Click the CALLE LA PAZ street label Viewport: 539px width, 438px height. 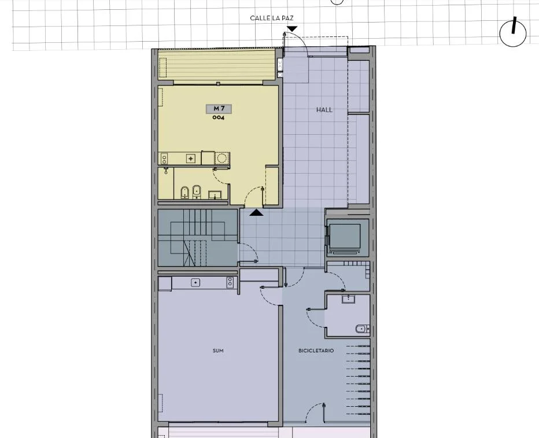coord(272,18)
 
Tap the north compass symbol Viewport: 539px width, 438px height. coord(513,32)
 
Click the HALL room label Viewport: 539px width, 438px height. coord(324,110)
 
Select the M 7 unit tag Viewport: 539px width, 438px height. coord(219,109)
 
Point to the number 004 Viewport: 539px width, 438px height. coord(218,117)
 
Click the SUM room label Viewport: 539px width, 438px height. coord(218,351)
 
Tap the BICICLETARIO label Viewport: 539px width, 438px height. coord(316,351)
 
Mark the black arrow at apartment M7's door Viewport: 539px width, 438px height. coord(256,213)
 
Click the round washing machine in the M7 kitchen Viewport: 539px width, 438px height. coord(221,159)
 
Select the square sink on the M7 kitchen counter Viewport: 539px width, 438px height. coord(190,159)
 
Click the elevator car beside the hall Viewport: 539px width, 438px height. coord(345,236)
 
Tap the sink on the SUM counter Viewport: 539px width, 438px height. coord(195,282)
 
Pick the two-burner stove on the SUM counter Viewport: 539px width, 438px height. coord(230,282)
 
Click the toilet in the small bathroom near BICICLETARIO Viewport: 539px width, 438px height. coord(362,329)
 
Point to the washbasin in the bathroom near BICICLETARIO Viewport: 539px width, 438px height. coord(348,299)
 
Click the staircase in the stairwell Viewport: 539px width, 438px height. coord(198,238)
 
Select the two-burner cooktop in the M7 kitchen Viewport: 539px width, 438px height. coord(164,159)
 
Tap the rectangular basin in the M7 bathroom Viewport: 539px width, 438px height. coord(215,196)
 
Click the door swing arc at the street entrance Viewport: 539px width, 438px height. coord(301,40)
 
